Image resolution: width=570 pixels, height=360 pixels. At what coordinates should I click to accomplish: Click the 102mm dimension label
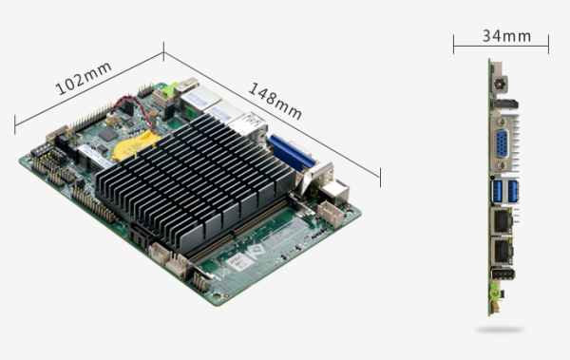point(84,78)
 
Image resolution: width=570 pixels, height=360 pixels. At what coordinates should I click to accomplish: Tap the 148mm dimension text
point(275,101)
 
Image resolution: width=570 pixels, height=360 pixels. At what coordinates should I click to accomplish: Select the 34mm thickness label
point(506,36)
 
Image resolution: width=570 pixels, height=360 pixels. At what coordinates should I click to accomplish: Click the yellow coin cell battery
point(135,146)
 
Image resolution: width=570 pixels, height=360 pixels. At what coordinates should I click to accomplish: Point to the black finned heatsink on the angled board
point(195,181)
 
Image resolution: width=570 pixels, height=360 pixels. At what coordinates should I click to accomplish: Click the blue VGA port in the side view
point(502,143)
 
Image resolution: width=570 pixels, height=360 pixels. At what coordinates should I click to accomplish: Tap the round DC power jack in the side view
point(500,84)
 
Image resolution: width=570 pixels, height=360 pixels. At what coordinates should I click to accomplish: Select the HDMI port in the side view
point(505,104)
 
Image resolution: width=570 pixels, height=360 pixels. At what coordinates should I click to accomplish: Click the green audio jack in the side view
point(494,293)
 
